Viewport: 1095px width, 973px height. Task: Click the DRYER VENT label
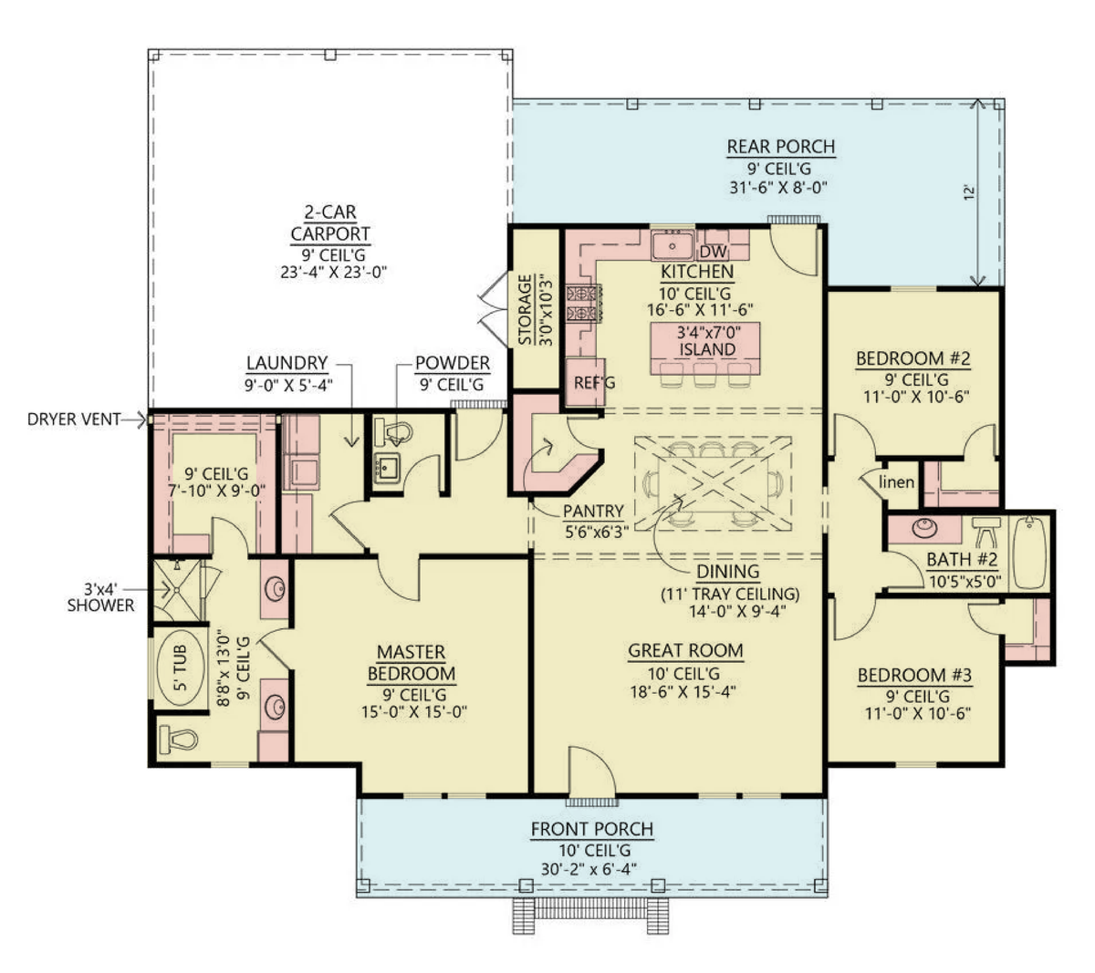pos(74,419)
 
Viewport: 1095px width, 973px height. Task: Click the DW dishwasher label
pos(713,252)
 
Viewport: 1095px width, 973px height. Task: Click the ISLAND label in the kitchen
pos(707,349)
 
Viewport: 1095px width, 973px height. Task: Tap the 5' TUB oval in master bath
pos(180,668)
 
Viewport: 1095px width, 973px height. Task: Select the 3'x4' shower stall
pos(177,591)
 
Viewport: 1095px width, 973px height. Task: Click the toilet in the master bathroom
pos(178,740)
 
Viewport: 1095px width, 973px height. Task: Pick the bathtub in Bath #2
pos(1029,553)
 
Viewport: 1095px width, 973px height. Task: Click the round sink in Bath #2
pos(924,527)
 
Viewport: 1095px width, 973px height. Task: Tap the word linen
pos(896,481)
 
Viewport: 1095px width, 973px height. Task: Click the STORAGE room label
pos(525,309)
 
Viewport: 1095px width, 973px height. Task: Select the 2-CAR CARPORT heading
pos(330,223)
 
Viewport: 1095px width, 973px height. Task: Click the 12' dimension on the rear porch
pos(969,193)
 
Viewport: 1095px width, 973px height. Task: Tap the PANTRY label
pos(593,511)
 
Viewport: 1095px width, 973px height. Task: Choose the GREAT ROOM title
pos(685,651)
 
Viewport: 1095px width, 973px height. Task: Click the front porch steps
pos(590,916)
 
